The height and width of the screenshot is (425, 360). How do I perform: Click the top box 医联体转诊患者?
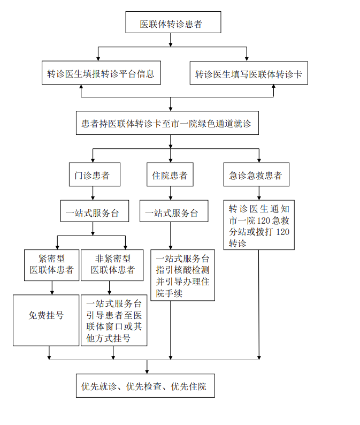click(x=171, y=24)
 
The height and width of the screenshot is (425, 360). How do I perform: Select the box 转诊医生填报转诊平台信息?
click(x=101, y=74)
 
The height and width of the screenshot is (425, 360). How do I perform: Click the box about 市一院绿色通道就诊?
click(x=166, y=123)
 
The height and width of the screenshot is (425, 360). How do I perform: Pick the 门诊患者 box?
click(x=93, y=175)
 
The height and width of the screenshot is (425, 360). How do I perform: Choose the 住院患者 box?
click(x=170, y=175)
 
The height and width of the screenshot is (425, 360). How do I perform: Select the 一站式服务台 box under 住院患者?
click(x=170, y=212)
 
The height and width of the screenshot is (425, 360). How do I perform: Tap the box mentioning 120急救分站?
click(x=259, y=225)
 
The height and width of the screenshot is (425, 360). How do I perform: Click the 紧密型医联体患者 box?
click(x=52, y=263)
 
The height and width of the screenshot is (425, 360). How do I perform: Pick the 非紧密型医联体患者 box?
click(x=112, y=263)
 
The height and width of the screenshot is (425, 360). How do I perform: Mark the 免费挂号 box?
click(x=46, y=316)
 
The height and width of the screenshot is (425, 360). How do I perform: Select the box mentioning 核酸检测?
click(x=183, y=275)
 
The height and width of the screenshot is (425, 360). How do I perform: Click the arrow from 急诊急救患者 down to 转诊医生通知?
click(x=259, y=193)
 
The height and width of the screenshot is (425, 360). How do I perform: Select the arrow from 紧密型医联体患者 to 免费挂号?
click(x=52, y=287)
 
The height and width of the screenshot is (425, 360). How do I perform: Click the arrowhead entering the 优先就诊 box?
click(x=147, y=371)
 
